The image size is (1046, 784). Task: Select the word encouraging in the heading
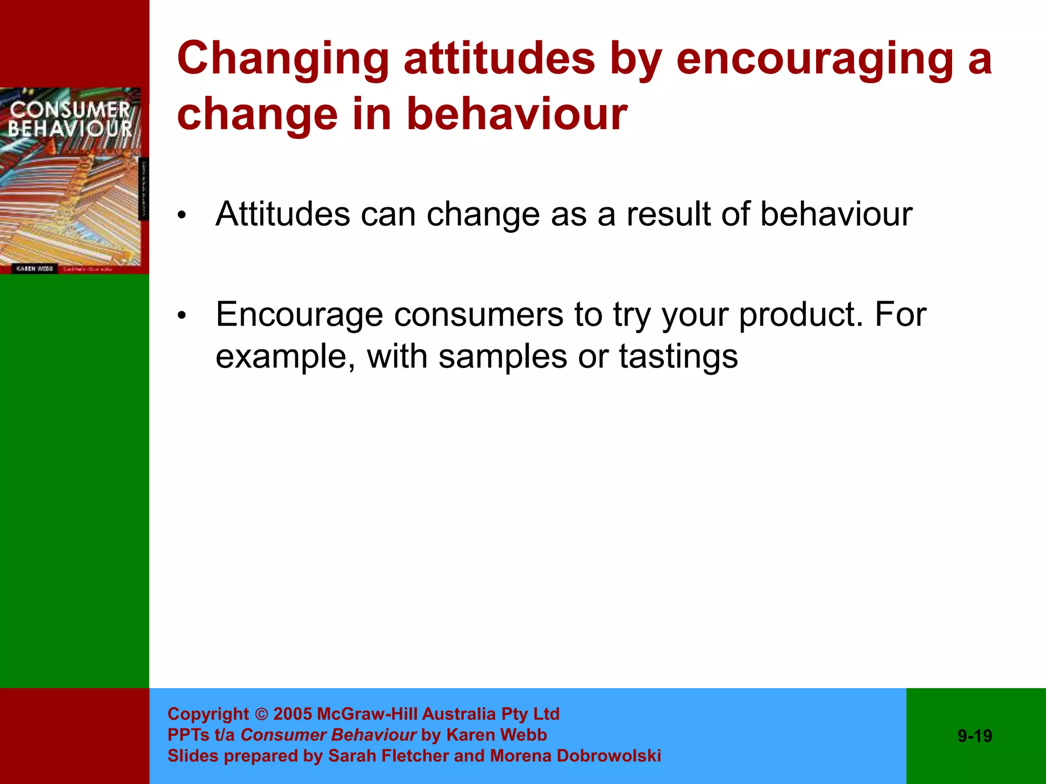point(814,60)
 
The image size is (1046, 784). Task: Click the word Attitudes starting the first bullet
point(282,214)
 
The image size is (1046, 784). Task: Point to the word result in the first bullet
point(668,214)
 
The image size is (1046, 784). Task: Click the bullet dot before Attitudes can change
point(182,216)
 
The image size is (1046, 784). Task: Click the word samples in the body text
point(503,357)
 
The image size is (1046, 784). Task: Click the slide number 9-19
point(974,736)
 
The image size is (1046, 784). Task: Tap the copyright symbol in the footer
point(261,714)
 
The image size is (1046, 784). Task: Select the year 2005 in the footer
point(293,714)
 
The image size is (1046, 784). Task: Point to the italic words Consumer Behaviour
point(328,735)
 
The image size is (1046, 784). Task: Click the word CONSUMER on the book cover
point(70,110)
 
